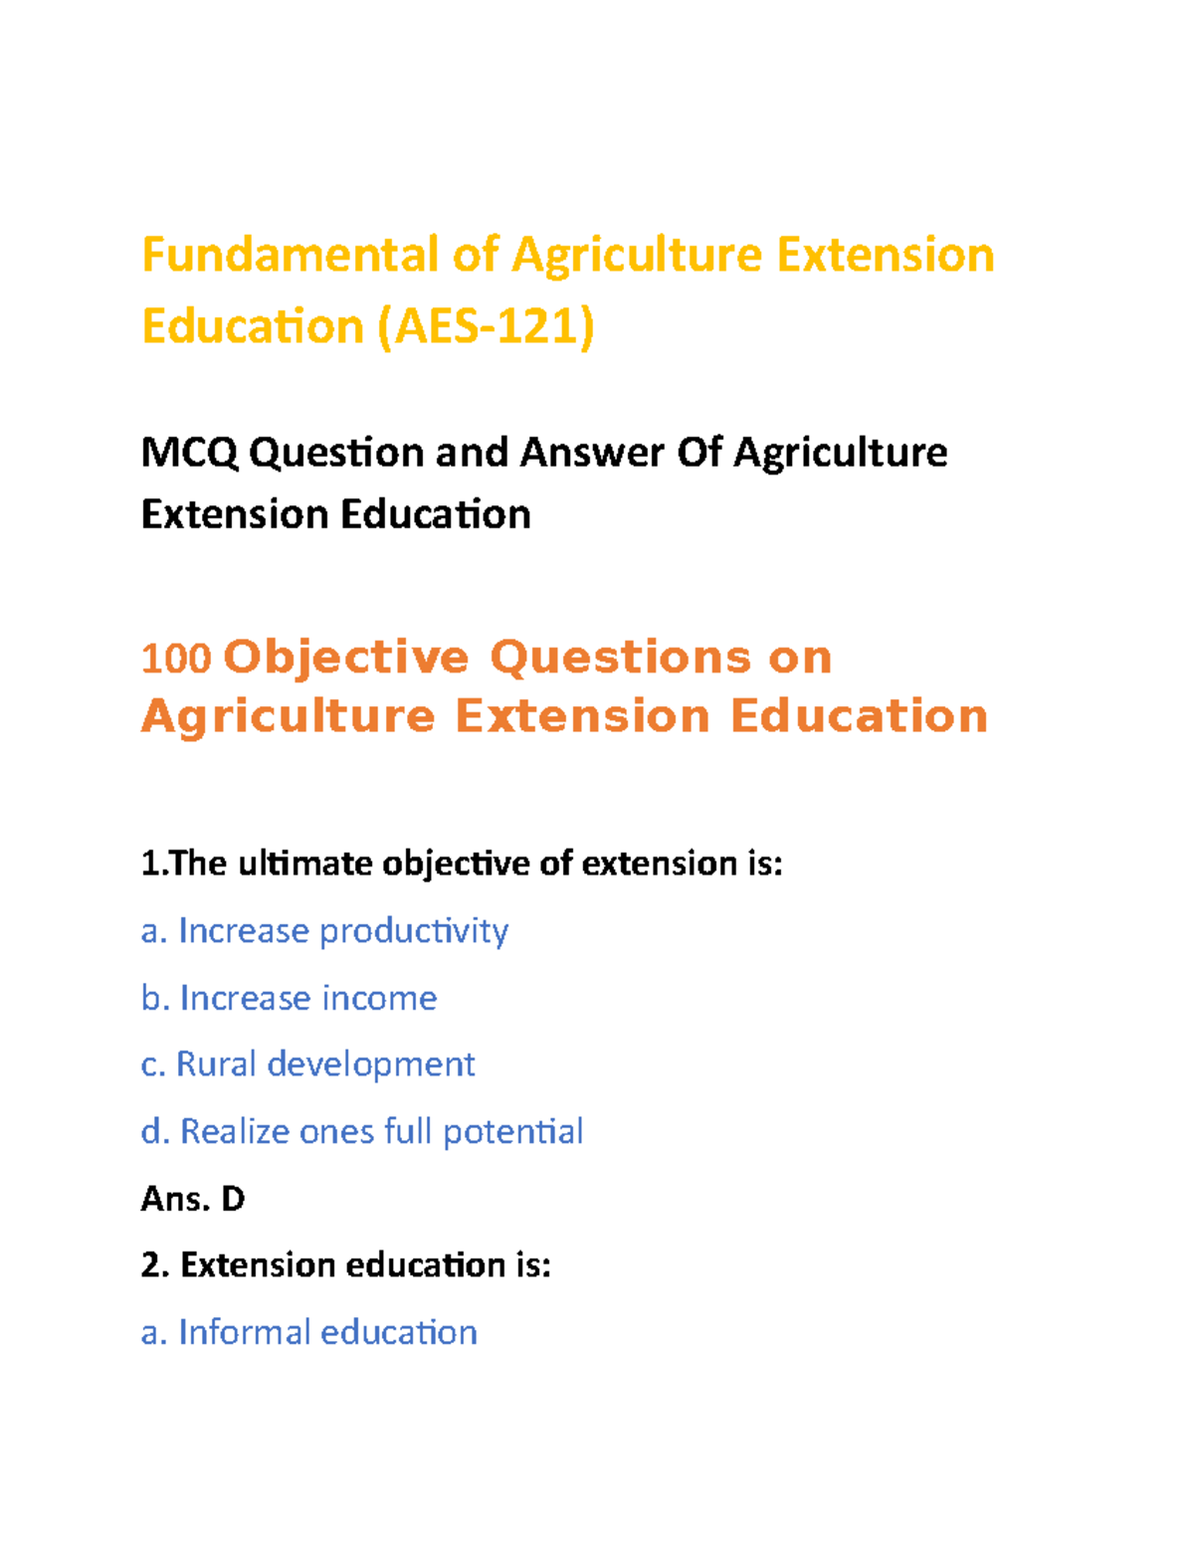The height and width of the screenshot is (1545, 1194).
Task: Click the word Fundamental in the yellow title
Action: click(290, 255)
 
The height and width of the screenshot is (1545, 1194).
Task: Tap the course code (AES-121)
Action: click(486, 326)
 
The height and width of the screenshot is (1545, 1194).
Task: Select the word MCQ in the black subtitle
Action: click(189, 454)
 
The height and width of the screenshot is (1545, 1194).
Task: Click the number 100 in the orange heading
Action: click(176, 659)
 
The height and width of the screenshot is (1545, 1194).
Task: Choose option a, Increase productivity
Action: click(325, 931)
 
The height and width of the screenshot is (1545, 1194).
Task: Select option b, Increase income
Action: click(290, 998)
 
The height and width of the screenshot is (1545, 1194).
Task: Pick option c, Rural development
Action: click(308, 1064)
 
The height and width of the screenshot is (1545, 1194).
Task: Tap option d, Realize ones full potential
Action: click(362, 1132)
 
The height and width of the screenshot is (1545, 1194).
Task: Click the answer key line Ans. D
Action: click(193, 1199)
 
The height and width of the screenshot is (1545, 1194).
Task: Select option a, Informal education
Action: click(309, 1332)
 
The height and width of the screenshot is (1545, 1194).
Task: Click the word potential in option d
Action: click(513, 1132)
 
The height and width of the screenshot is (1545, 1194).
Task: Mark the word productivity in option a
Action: click(414, 931)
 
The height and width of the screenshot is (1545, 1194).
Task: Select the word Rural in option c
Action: click(216, 1064)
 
